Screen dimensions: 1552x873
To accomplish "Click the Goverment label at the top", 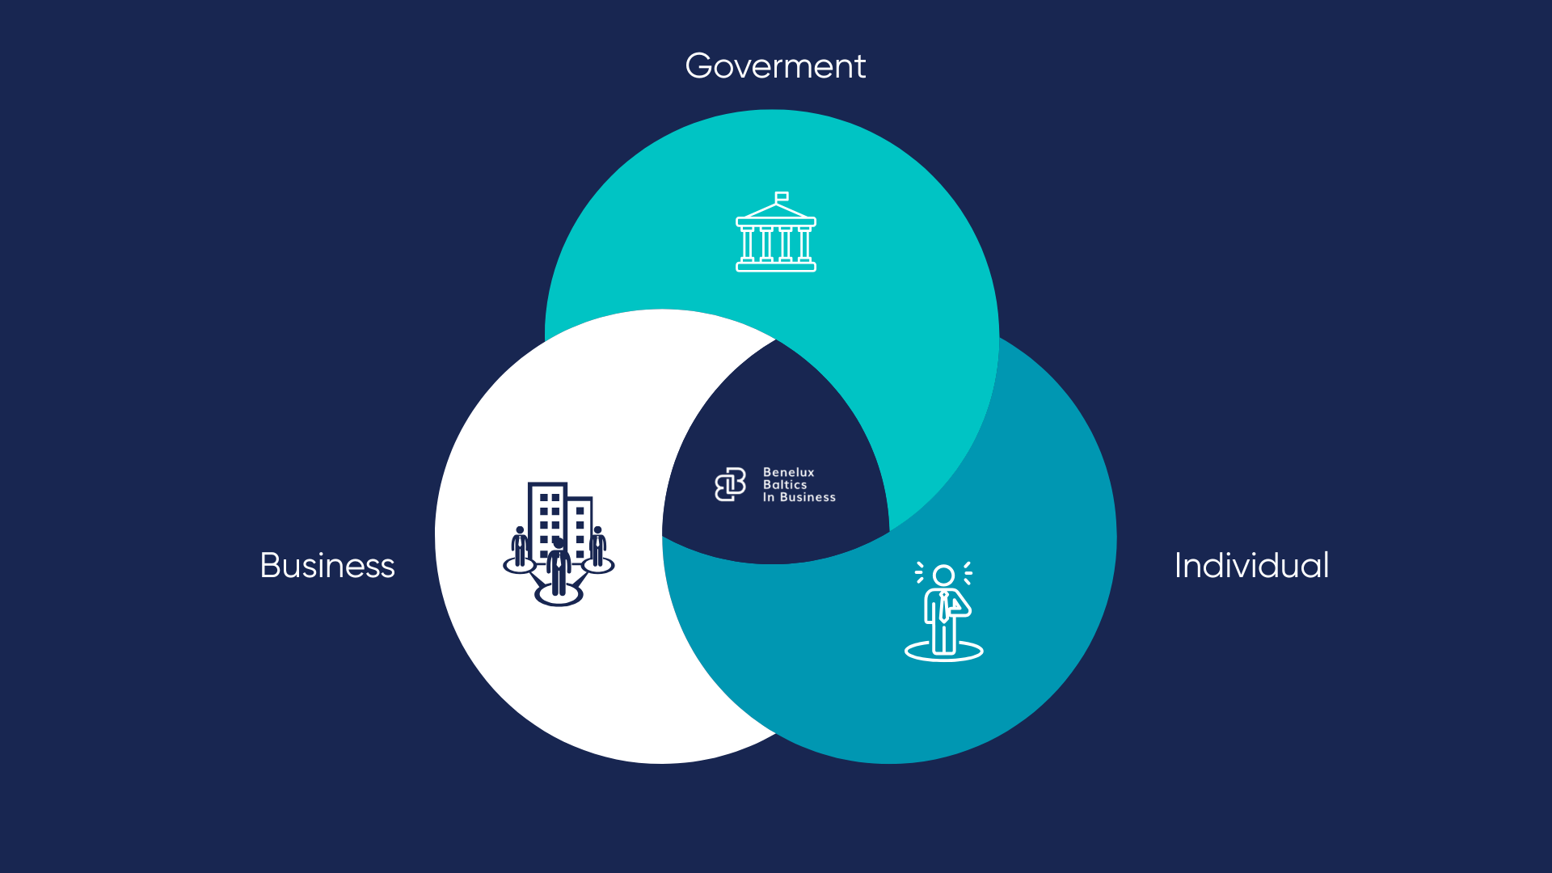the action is pos(775,66).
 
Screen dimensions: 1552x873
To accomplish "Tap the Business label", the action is pos(327,566).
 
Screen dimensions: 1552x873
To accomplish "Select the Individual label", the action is pos(1251,566).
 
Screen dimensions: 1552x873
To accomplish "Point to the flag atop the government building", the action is pos(782,196).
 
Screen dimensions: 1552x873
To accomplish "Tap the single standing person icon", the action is pos(943,612).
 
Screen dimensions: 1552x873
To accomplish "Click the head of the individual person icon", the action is pos(943,576).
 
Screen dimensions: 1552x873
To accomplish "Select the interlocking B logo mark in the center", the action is pos(731,485).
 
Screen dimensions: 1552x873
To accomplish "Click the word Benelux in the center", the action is pos(789,473).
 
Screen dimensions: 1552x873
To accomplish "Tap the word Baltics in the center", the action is pos(785,485).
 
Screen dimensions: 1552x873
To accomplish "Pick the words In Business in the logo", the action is pos(799,498).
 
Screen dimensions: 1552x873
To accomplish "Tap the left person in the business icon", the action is pos(520,547).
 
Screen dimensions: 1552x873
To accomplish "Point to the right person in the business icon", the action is pos(597,547).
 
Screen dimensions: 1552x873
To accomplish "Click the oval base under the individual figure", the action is pos(943,652).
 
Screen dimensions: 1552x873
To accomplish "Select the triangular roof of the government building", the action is pos(776,211).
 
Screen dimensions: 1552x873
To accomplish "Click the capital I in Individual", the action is pos(1179,566).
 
